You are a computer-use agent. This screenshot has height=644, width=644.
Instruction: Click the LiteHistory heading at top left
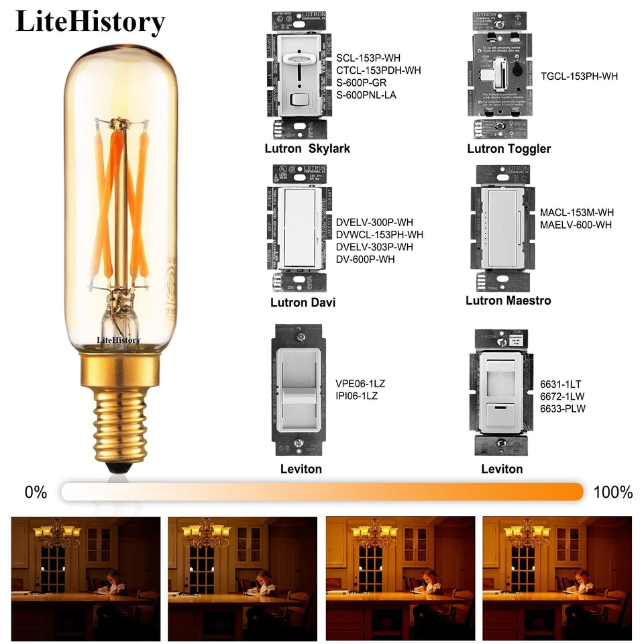pos(90,21)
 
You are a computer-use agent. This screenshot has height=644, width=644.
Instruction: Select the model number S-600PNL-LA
pos(366,95)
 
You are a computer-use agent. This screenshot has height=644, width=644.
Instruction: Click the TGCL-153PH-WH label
pos(579,76)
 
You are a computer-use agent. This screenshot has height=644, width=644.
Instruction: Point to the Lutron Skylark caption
pos(307,148)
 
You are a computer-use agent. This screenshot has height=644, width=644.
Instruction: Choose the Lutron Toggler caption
pos(508,148)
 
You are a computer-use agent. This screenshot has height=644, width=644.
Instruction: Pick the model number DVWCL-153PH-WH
pos(380,235)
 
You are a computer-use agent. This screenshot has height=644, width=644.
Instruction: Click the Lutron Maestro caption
pos(508,301)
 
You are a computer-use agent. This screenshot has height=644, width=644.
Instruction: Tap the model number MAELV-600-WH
pos(576,225)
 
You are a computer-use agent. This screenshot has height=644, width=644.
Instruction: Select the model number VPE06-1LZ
pos(360,384)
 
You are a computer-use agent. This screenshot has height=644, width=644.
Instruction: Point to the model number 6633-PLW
pos(563,408)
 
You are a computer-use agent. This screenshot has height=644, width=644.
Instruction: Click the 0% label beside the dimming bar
pos(36,492)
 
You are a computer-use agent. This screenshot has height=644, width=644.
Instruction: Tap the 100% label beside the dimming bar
pos(612,492)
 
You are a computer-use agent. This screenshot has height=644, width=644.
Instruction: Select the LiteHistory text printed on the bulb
pos(119,340)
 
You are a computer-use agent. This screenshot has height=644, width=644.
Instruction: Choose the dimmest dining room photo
pos(86,578)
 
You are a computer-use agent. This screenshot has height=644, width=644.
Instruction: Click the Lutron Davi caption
pos(303,303)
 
